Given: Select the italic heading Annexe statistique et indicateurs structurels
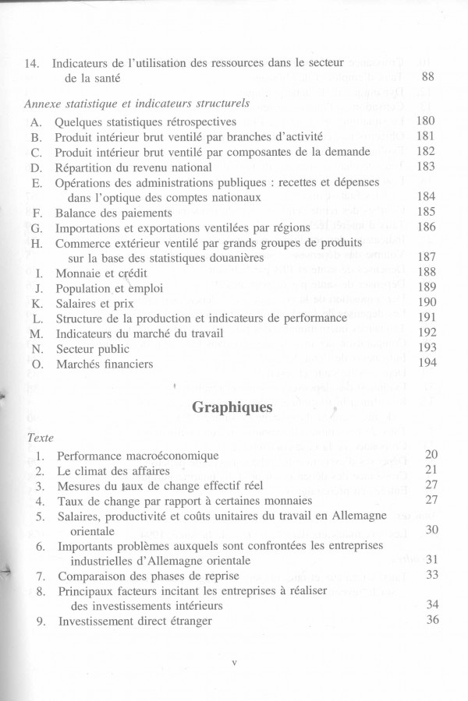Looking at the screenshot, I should (136, 102).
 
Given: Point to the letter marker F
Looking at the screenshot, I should (37, 212).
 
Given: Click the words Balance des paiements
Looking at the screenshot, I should (113, 212).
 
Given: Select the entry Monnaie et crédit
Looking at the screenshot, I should (101, 273).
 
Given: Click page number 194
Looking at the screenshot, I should (426, 364).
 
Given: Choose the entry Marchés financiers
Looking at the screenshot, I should (104, 364).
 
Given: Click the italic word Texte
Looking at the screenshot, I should (40, 437).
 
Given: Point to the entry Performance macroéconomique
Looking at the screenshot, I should (137, 455).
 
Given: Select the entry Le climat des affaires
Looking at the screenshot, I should (112, 470).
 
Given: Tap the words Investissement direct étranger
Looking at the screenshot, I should (133, 621).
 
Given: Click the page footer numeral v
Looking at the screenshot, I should (234, 664).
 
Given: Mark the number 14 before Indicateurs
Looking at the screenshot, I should (32, 63).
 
